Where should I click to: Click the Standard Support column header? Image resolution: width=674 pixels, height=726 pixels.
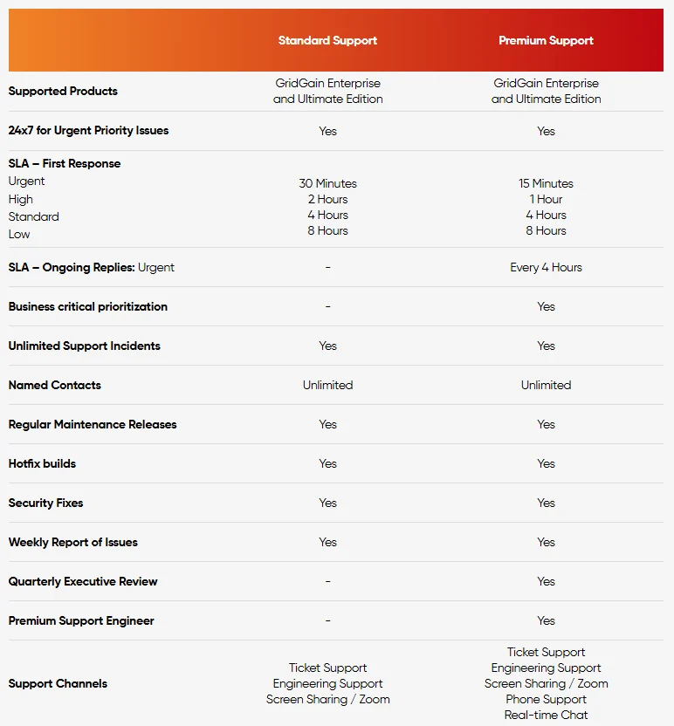coord(327,40)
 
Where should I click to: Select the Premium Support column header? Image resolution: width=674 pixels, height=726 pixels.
coord(546,40)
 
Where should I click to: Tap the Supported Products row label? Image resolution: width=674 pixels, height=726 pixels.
coord(63,91)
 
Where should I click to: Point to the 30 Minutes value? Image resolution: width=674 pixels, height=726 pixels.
coord(327,183)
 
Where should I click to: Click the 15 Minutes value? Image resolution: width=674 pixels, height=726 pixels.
coord(546,183)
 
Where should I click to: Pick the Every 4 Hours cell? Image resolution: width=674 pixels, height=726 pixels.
coord(546,267)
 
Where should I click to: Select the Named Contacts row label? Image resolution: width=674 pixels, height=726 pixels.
coord(55,385)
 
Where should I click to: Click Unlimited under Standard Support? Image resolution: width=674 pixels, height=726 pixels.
coord(327,385)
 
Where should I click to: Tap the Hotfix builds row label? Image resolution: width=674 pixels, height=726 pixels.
coord(42,463)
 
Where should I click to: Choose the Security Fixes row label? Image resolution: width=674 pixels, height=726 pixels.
coord(45,503)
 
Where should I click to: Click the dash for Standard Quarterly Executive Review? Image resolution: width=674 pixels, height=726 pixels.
coord(327,581)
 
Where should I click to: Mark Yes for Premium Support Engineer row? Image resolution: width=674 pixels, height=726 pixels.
coord(546,620)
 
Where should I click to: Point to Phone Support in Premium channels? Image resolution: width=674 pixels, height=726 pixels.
coord(546,699)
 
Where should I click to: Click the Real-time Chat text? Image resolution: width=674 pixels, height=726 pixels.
coord(546,715)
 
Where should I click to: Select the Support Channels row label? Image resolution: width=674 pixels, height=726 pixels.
coord(58,683)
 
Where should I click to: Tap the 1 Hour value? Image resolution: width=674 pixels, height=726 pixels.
coord(546,199)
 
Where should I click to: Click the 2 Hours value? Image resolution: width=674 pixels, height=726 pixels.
coord(327,199)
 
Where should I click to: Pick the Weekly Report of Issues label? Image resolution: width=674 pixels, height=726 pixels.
coord(73,542)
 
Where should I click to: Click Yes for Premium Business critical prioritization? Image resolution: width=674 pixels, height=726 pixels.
coord(546,306)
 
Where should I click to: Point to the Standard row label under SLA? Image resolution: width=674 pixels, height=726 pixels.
coord(34,216)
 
